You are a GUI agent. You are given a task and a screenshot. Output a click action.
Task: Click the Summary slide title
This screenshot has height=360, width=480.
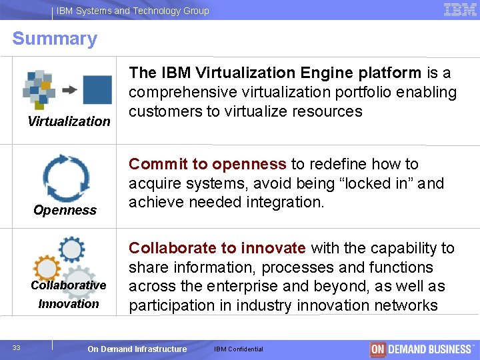coord(55,39)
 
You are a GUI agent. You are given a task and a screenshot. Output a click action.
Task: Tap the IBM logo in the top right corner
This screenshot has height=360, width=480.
coord(460,10)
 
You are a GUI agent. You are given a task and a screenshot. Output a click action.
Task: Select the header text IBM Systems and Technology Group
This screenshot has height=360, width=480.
coord(133,11)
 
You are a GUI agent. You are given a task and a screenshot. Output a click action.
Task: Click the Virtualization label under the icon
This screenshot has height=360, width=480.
coord(69,121)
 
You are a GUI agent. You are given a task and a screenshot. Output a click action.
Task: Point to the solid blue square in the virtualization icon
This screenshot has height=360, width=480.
coord(97,90)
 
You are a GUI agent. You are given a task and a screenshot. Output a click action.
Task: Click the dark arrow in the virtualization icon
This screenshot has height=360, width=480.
coord(69,90)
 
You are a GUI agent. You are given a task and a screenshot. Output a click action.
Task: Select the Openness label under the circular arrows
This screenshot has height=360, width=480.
coord(65,210)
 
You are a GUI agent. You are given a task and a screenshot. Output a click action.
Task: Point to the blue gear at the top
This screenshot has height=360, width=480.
coord(71,249)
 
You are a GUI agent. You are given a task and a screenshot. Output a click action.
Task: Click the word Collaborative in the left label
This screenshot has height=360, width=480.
coord(69,285)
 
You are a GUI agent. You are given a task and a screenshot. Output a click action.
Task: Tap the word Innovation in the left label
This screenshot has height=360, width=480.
coord(69,303)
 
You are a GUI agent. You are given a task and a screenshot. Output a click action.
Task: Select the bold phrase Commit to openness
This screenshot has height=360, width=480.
coord(207,164)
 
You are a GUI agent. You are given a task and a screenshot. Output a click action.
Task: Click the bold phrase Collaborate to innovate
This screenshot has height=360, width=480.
coord(217,248)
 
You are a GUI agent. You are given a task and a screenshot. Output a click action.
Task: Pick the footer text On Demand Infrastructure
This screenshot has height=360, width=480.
coord(137,349)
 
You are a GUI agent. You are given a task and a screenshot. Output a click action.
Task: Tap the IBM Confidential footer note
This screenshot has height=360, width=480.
coord(239,349)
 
